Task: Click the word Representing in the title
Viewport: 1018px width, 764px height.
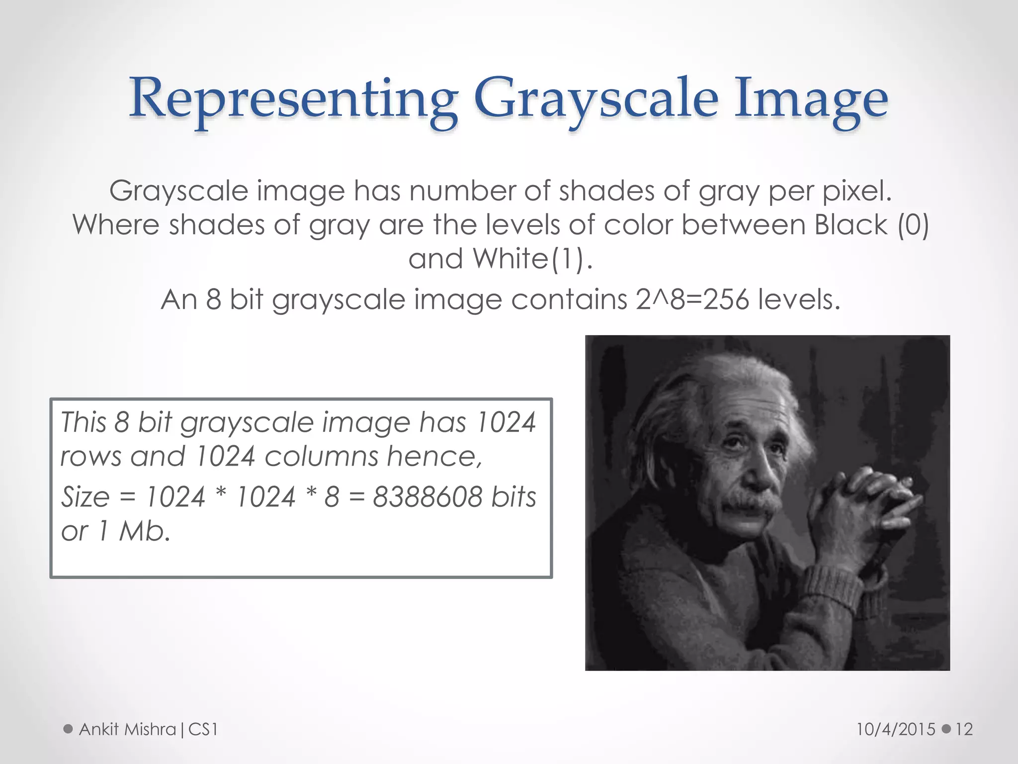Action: (293, 99)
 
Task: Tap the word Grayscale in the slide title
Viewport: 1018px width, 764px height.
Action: (596, 99)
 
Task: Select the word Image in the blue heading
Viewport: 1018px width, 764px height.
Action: (811, 99)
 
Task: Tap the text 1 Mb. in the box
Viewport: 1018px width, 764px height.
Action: (134, 531)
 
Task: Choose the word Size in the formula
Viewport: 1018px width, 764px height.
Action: (85, 496)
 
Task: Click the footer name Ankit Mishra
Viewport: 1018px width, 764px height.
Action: (127, 729)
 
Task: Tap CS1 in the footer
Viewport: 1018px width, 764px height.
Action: (203, 729)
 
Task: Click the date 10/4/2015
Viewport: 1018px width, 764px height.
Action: (896, 729)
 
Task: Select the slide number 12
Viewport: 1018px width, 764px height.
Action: (964, 729)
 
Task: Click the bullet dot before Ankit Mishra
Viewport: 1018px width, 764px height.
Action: (68, 729)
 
